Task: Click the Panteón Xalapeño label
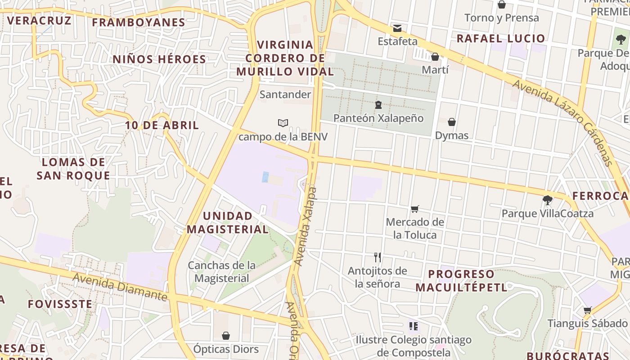378,118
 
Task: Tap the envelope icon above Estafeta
397,28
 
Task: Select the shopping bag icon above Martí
435,57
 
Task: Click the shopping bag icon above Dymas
452,122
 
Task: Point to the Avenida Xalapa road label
305,226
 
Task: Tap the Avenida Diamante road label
120,287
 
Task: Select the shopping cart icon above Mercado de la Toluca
415,209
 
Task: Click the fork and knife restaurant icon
378,257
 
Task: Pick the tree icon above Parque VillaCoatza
548,200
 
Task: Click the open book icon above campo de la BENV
283,123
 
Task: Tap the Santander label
285,94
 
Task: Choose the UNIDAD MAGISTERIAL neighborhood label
228,223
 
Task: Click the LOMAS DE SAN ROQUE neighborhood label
73,169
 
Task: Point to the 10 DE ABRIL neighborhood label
162,126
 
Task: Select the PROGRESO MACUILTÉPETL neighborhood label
461,281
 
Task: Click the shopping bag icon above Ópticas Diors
226,336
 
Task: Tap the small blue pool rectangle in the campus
265,177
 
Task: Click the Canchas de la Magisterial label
222,272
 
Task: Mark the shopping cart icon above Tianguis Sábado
587,310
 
